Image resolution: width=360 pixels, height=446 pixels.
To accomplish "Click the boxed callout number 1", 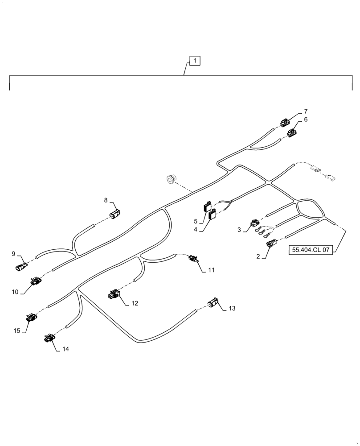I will (x=195, y=61).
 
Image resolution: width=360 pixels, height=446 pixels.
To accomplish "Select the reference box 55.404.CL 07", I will (x=311, y=250).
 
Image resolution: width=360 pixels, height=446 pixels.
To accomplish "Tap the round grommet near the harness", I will (x=170, y=179).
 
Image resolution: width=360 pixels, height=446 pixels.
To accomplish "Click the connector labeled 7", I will (x=284, y=121).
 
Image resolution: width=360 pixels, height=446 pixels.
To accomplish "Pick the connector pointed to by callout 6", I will (x=292, y=132).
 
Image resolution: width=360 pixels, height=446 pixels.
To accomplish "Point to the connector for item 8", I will (x=115, y=215).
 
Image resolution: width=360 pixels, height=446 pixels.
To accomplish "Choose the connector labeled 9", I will (x=21, y=268).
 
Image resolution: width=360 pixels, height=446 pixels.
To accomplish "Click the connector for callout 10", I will (x=35, y=281).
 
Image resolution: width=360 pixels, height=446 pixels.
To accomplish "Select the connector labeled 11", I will (x=194, y=259).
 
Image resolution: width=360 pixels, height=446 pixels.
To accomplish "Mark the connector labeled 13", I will (x=214, y=305).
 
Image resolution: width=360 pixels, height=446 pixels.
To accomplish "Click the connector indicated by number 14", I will (x=49, y=339).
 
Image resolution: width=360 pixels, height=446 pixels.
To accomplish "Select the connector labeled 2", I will (x=271, y=244).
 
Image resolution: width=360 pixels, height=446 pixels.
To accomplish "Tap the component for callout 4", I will (x=212, y=216).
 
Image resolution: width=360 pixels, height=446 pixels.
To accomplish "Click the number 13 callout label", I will (x=232, y=308).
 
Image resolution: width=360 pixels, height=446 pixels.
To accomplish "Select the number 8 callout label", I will (x=106, y=200).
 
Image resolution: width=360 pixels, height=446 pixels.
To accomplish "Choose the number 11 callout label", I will (x=211, y=270).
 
